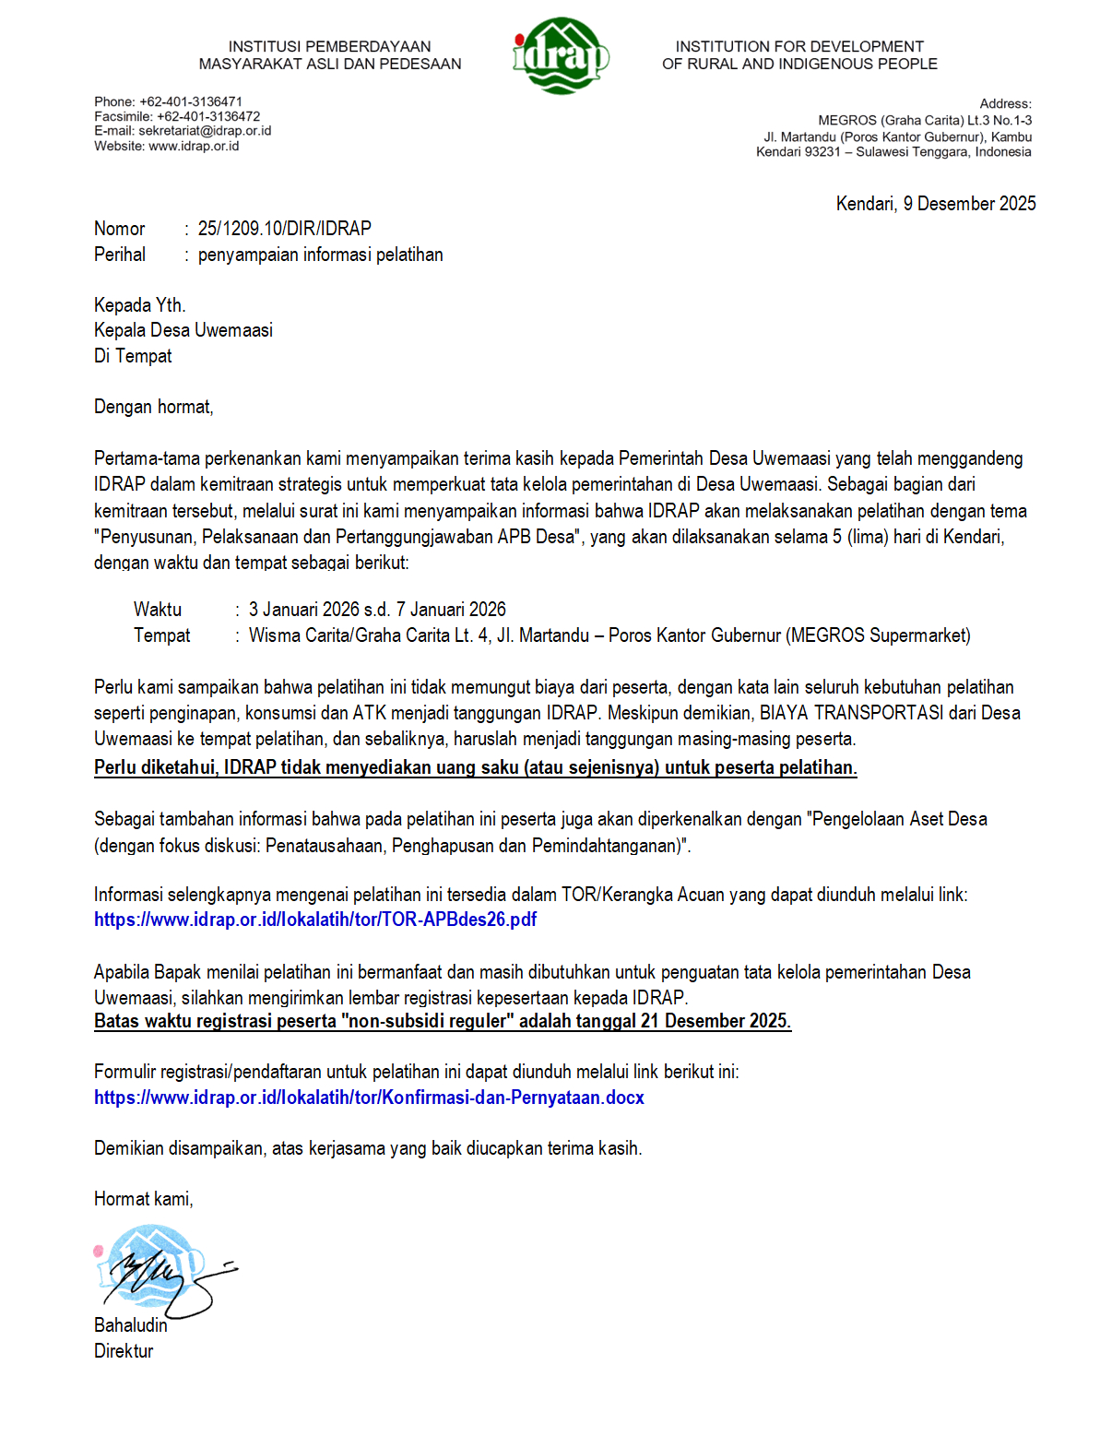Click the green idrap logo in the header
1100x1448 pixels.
pos(560,55)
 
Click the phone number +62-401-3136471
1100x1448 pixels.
pos(191,101)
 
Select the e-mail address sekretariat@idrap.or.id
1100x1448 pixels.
pos(205,131)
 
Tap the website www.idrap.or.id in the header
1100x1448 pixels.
pos(194,146)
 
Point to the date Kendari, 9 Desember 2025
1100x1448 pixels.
pos(935,204)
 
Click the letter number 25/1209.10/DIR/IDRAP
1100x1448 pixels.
pos(284,229)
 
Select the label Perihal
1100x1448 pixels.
pos(120,255)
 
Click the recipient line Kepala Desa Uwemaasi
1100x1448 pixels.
pos(183,330)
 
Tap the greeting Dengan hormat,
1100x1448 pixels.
pos(153,407)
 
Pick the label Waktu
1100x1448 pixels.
pos(158,610)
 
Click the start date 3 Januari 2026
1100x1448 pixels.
pos(304,610)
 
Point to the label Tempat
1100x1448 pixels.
pos(161,635)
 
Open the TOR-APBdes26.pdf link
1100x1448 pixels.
pos(315,920)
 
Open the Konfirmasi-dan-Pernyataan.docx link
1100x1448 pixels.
pos(369,1098)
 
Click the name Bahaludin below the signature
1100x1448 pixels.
pos(131,1325)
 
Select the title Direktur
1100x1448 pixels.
pos(124,1351)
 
